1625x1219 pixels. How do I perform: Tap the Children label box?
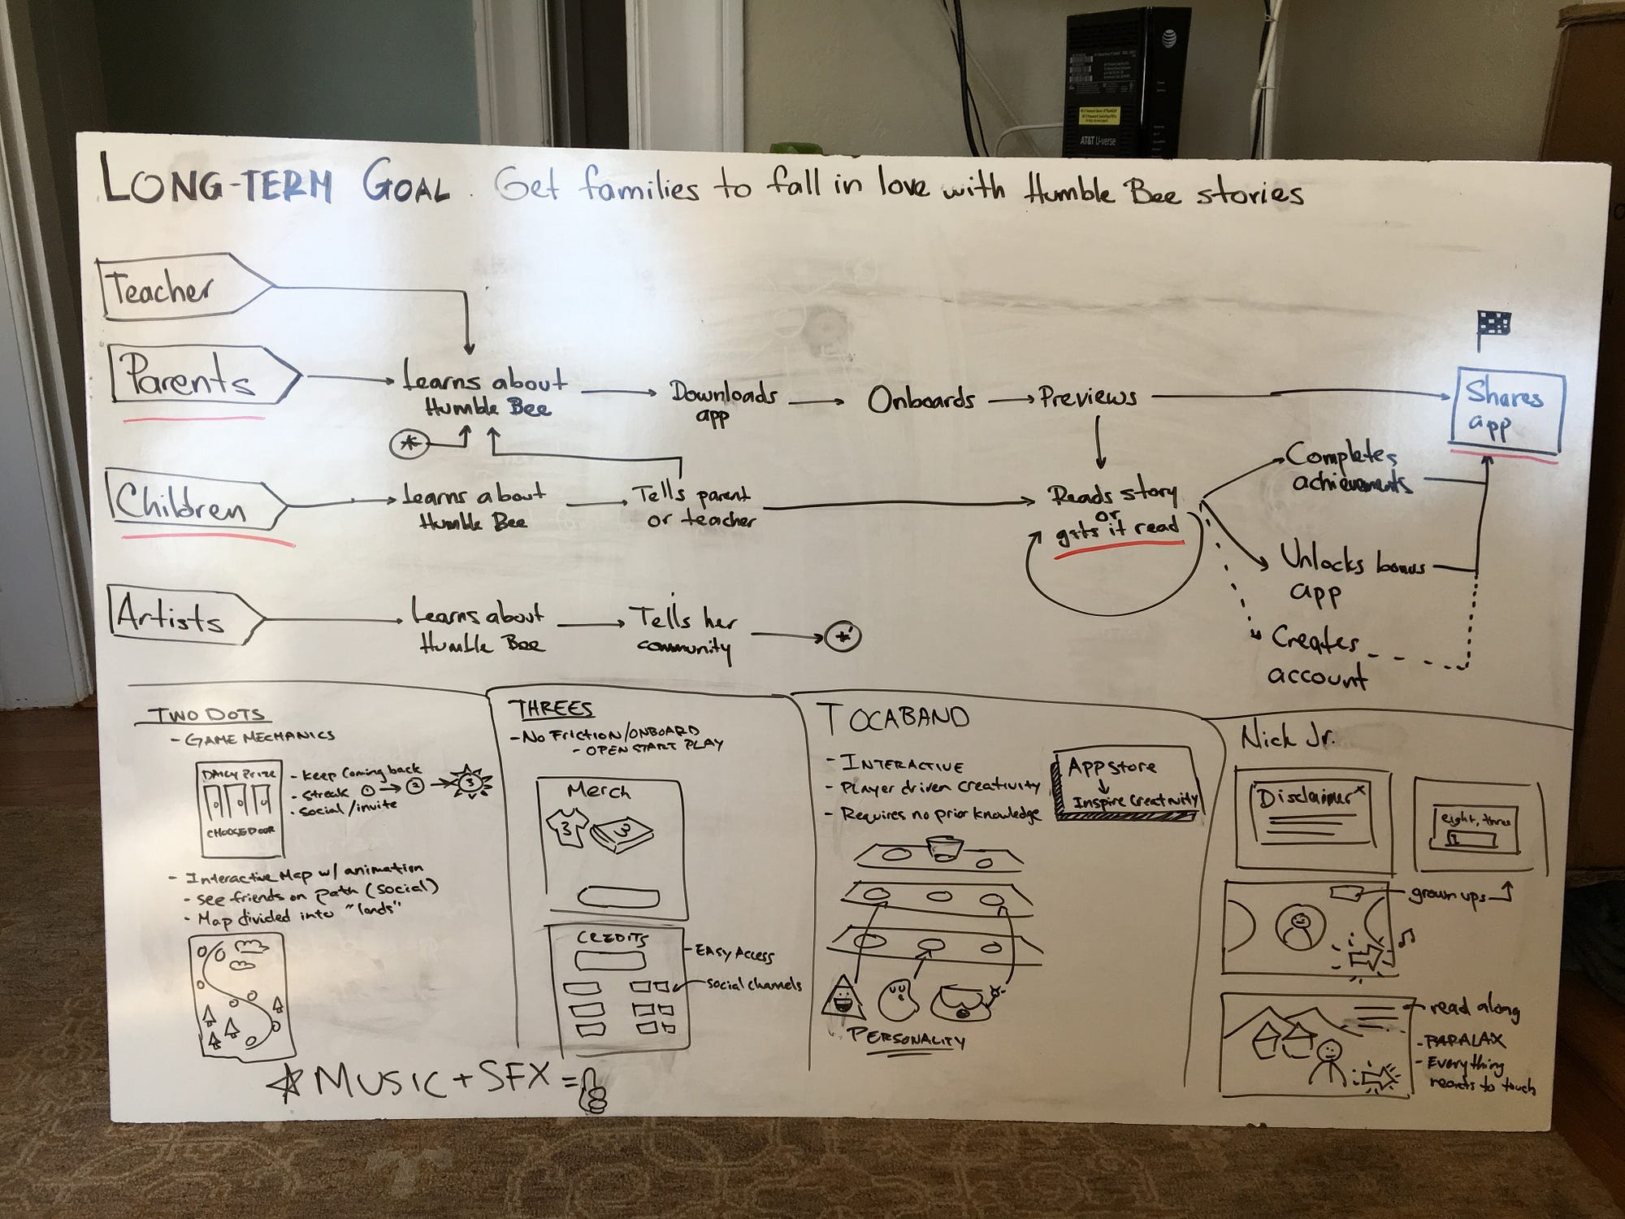coord(191,504)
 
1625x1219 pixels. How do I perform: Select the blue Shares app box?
coord(1505,411)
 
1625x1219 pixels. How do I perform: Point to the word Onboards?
coord(921,400)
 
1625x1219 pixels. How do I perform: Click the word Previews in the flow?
coord(1089,397)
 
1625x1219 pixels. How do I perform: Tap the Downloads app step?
coord(721,402)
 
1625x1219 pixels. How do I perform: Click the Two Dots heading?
coord(210,715)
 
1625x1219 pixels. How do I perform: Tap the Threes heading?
coord(551,709)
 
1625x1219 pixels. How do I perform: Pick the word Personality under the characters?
coord(906,1039)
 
